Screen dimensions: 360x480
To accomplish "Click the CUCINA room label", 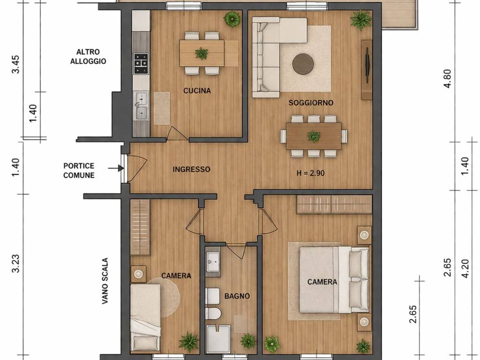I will (x=197, y=91).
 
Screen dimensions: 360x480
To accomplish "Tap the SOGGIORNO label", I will (x=311, y=103).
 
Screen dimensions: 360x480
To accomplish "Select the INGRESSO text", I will (x=191, y=170).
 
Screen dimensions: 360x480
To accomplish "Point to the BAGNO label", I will (x=237, y=296).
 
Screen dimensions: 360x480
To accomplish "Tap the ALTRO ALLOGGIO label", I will (x=88, y=57).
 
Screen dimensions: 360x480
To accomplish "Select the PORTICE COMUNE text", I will (x=79, y=171).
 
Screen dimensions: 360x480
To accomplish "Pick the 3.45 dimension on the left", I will (x=16, y=64).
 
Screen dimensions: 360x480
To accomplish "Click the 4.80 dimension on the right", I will (x=449, y=78).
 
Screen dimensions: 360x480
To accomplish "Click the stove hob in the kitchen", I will (x=141, y=63).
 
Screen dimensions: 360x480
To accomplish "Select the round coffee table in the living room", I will (x=303, y=64).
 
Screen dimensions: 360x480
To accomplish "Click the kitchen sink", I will (x=141, y=106).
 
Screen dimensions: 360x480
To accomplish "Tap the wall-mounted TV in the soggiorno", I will (x=367, y=67).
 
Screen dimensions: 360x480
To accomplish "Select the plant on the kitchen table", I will (x=202, y=53).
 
